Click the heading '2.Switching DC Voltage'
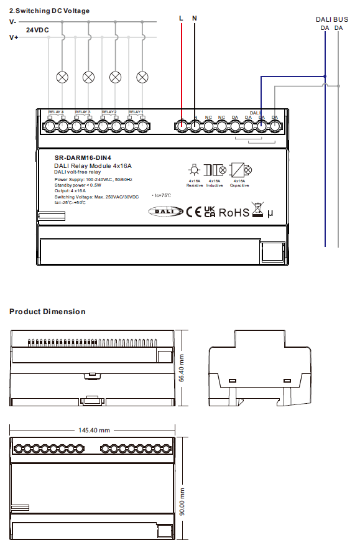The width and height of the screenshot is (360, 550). (x=49, y=11)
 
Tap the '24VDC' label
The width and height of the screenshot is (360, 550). (x=37, y=30)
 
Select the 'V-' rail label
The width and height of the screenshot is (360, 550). (x=13, y=22)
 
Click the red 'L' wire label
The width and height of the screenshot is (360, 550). (x=181, y=19)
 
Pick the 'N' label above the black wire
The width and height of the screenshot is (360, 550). (x=195, y=19)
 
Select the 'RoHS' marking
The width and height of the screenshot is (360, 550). (x=234, y=213)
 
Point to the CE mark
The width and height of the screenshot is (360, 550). (x=194, y=212)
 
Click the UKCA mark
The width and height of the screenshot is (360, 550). (x=210, y=212)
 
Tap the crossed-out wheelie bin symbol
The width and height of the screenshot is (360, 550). (x=257, y=210)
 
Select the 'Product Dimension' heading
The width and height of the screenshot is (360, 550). (x=47, y=311)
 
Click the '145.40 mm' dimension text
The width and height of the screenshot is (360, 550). (x=95, y=430)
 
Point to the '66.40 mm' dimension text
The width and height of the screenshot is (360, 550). (x=182, y=368)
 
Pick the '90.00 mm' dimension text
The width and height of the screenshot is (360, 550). (x=182, y=500)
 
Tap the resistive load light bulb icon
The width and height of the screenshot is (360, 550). (x=194, y=170)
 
